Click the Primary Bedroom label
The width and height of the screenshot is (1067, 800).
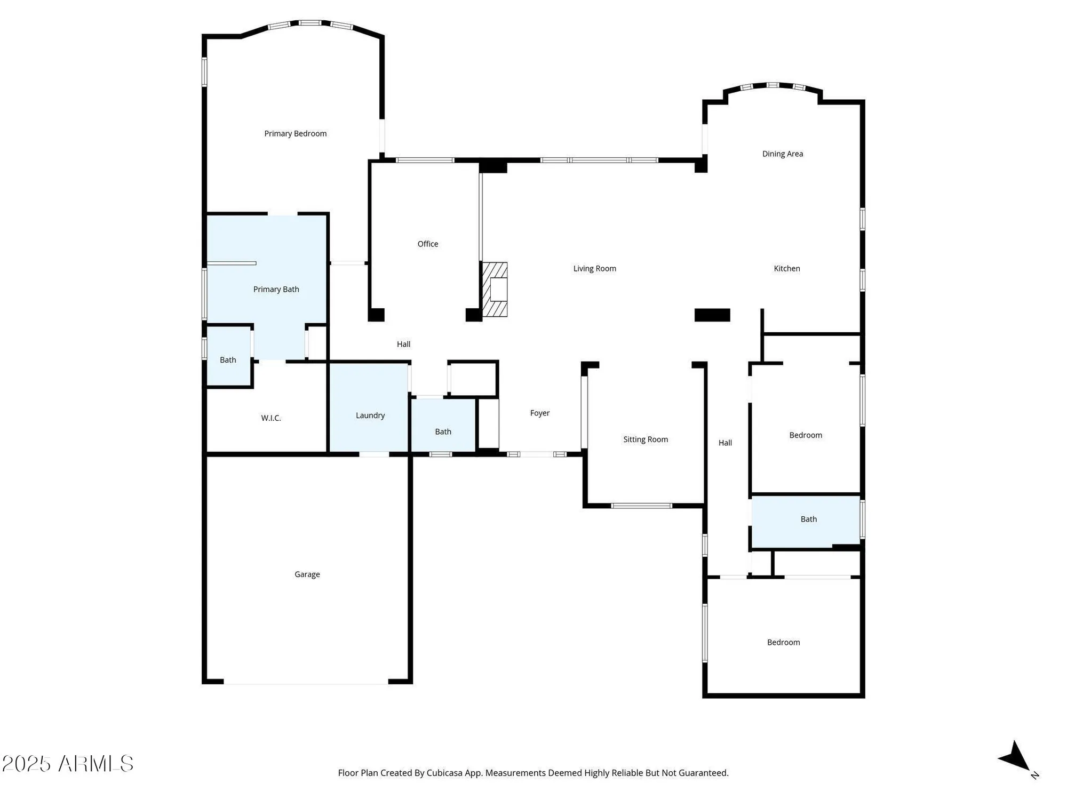(x=295, y=133)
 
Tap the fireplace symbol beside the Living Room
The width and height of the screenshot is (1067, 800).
(x=495, y=290)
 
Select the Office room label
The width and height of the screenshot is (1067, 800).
(x=427, y=244)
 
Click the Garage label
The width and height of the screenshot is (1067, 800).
(x=307, y=574)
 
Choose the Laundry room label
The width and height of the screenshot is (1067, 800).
(x=370, y=415)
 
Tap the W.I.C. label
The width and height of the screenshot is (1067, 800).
(x=271, y=418)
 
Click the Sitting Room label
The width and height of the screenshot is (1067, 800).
(x=646, y=439)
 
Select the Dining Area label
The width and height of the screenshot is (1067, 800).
(x=782, y=154)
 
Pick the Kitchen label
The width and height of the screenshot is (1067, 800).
(x=786, y=268)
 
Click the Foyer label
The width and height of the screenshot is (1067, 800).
(x=539, y=413)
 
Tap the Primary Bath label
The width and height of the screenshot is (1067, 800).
(x=276, y=289)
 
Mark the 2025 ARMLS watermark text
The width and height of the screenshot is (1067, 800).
(x=67, y=764)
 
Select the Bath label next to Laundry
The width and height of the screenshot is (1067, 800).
(x=443, y=431)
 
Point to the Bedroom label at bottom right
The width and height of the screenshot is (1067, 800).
(x=783, y=642)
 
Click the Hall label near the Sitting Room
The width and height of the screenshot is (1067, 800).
(x=725, y=443)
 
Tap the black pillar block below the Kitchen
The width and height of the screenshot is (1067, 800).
(x=712, y=315)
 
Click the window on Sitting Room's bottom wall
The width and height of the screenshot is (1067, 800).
(x=641, y=506)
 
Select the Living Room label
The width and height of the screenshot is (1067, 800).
(x=594, y=268)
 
